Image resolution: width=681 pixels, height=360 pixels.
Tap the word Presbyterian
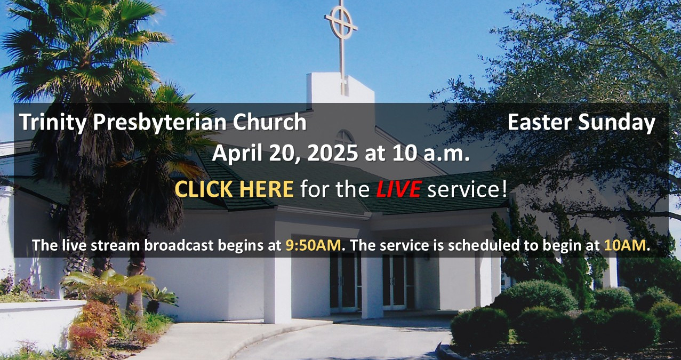(160, 123)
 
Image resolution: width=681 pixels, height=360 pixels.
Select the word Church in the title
(270, 122)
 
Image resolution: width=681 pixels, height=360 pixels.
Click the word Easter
(539, 122)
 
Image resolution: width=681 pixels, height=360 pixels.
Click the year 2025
(333, 153)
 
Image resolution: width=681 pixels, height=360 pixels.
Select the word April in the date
(237, 154)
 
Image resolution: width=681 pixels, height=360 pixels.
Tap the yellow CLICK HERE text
(234, 189)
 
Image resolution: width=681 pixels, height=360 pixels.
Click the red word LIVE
(398, 189)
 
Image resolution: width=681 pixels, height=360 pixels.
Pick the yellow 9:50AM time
(313, 245)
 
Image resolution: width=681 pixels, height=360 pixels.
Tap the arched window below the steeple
(344, 138)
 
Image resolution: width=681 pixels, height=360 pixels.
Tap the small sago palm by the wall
(159, 300)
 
